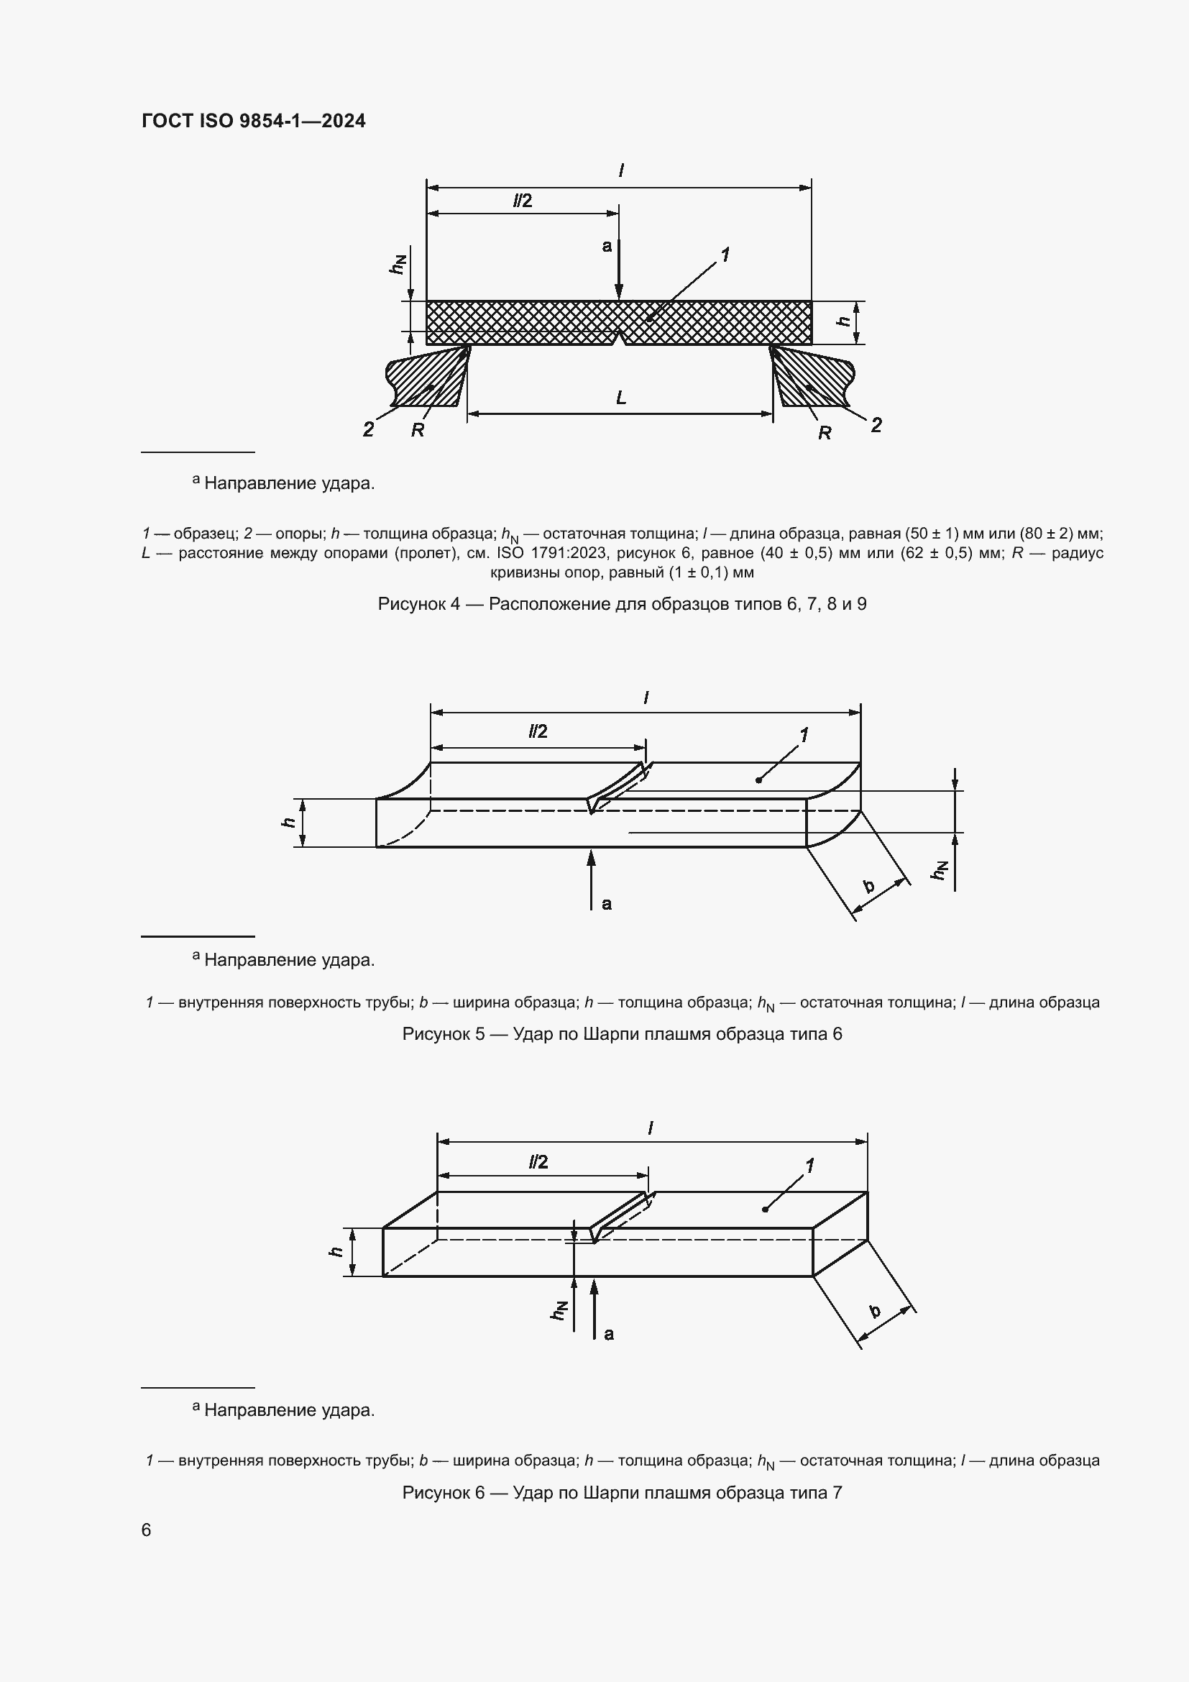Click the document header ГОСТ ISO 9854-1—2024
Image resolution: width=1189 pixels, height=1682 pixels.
[253, 121]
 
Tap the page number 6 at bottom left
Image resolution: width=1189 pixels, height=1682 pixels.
[147, 1530]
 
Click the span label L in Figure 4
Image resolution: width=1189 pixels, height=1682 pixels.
[621, 398]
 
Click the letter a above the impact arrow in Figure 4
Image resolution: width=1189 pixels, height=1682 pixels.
[606, 246]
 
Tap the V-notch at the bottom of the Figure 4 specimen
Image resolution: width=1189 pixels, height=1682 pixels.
[620, 338]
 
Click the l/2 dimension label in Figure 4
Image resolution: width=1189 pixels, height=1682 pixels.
[522, 201]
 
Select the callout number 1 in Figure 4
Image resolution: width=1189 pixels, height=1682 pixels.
[725, 255]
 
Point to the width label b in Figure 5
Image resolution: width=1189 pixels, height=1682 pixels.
[869, 886]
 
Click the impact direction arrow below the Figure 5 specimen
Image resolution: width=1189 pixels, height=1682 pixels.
[592, 879]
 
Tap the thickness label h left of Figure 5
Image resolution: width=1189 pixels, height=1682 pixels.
[289, 823]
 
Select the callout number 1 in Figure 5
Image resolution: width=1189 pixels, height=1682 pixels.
[804, 734]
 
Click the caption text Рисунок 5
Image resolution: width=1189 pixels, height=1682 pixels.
[443, 1033]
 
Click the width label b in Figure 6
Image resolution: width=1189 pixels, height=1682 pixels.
[875, 1311]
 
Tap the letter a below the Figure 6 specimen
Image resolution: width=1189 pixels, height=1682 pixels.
[609, 1334]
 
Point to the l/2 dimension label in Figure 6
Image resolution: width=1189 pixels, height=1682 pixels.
[538, 1162]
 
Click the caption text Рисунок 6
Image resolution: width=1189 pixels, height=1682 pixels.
[443, 1492]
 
